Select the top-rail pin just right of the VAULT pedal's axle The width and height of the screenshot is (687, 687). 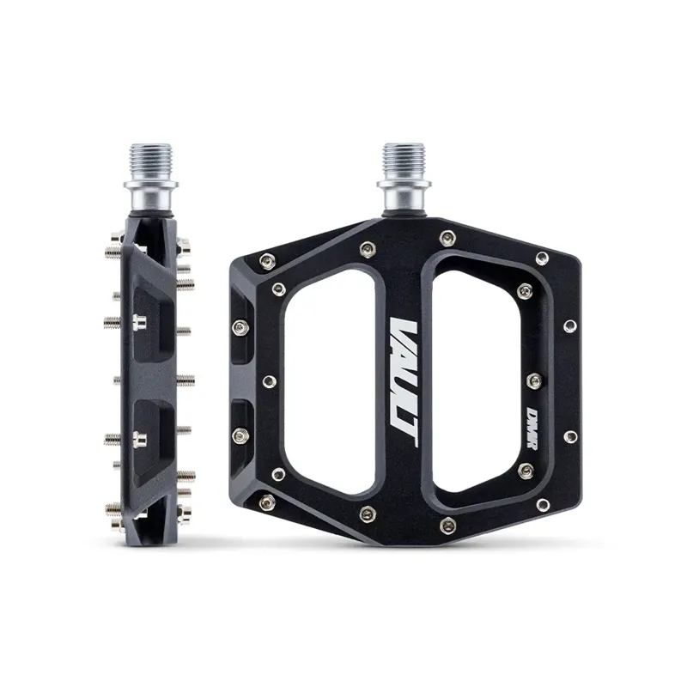[x=446, y=237]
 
